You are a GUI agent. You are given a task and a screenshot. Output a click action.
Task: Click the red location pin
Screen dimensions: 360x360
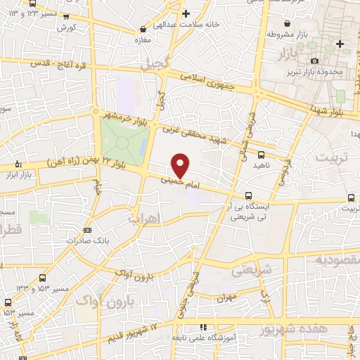tap(181, 165)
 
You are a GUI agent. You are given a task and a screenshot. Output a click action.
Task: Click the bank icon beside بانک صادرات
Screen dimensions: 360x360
tap(87, 230)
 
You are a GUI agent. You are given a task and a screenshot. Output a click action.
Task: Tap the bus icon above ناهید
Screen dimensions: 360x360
tap(261, 155)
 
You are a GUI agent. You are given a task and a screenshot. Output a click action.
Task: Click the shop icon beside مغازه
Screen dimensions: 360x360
tap(144, 30)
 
